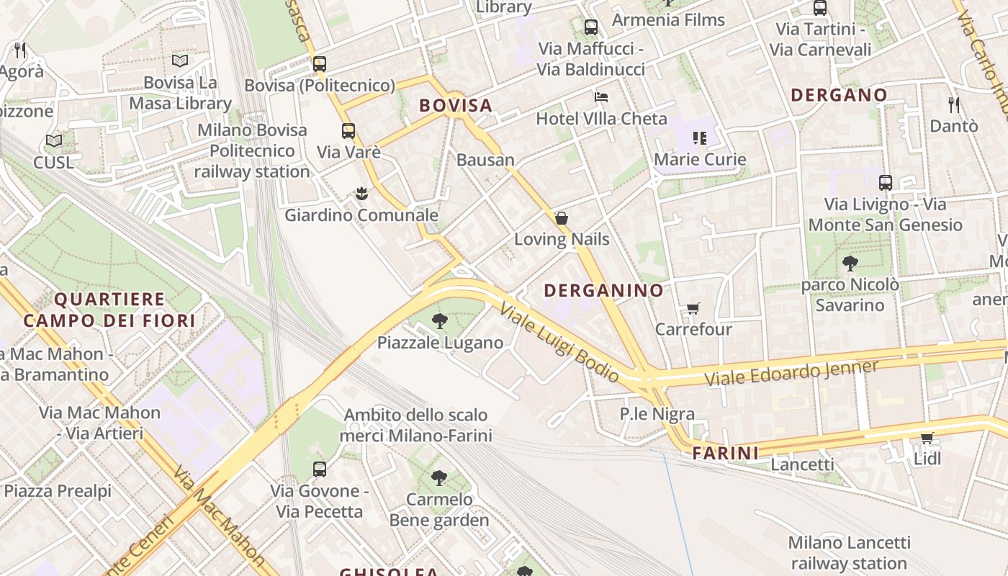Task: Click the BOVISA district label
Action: pyautogui.click(x=456, y=105)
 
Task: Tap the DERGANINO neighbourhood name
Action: pyautogui.click(x=603, y=290)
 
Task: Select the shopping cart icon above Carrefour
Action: pyautogui.click(x=693, y=308)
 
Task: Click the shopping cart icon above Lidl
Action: pyautogui.click(x=927, y=438)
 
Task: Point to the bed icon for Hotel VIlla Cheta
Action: pyautogui.click(x=601, y=97)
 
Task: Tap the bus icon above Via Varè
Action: pyautogui.click(x=348, y=131)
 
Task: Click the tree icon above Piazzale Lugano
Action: pyautogui.click(x=439, y=321)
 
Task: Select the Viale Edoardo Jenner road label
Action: pyautogui.click(x=791, y=372)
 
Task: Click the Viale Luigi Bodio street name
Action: pyautogui.click(x=559, y=343)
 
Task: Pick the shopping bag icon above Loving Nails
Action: pyautogui.click(x=562, y=218)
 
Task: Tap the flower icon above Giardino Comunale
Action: pyautogui.click(x=361, y=194)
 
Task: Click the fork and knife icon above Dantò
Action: pyautogui.click(x=954, y=105)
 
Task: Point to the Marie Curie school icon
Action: pyautogui.click(x=699, y=138)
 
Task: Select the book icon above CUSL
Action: pyautogui.click(x=53, y=141)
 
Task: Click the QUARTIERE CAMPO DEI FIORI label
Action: pyautogui.click(x=109, y=310)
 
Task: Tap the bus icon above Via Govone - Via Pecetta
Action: pyautogui.click(x=320, y=469)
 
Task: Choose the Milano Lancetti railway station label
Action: pyautogui.click(x=849, y=552)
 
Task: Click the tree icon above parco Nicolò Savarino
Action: pyautogui.click(x=850, y=264)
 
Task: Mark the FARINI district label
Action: pyautogui.click(x=725, y=453)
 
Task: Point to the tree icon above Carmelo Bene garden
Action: pyautogui.click(x=438, y=478)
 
